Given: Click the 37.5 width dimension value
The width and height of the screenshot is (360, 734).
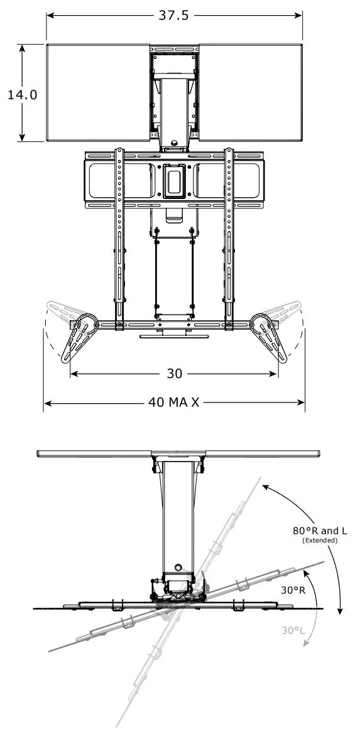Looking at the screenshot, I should (x=173, y=16).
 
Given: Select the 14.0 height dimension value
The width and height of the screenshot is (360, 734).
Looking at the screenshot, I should (x=23, y=94).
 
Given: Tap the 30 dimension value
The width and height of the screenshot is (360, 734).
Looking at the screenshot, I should (x=174, y=374).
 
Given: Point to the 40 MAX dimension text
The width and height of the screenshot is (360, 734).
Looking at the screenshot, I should (x=174, y=402).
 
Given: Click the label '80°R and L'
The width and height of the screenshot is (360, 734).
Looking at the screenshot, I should (x=320, y=531).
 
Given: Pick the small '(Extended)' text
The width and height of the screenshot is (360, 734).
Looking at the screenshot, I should (x=320, y=540).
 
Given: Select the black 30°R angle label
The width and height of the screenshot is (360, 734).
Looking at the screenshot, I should (x=293, y=590).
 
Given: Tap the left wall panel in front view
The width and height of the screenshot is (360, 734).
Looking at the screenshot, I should (x=98, y=93).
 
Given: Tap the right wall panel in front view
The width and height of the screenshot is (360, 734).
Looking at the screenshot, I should (x=250, y=93).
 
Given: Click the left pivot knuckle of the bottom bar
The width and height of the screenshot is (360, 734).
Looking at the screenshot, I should (x=86, y=324).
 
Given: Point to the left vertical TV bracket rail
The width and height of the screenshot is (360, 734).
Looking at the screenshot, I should (x=118, y=232).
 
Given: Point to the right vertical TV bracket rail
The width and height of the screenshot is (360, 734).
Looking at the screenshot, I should (x=230, y=232).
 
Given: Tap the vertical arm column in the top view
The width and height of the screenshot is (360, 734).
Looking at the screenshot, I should (x=175, y=515).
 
